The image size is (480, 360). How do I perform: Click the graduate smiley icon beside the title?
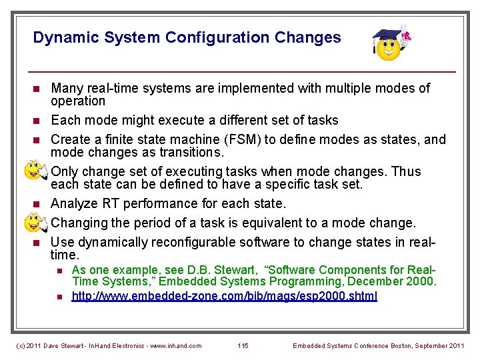391,45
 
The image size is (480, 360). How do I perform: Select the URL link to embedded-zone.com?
224,295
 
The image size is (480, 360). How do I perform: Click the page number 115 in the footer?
243,345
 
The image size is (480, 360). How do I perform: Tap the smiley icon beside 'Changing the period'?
35,223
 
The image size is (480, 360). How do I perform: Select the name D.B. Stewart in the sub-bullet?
223,270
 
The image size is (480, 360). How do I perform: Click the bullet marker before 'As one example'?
59,271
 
